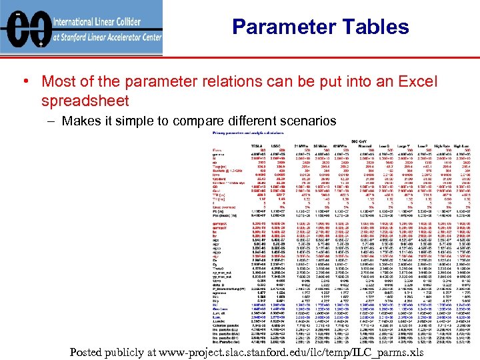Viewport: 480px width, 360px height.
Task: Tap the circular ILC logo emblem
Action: (x=25, y=27)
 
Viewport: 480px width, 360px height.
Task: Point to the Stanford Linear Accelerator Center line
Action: (x=107, y=37)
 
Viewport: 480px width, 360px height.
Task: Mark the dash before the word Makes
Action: (x=51, y=121)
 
